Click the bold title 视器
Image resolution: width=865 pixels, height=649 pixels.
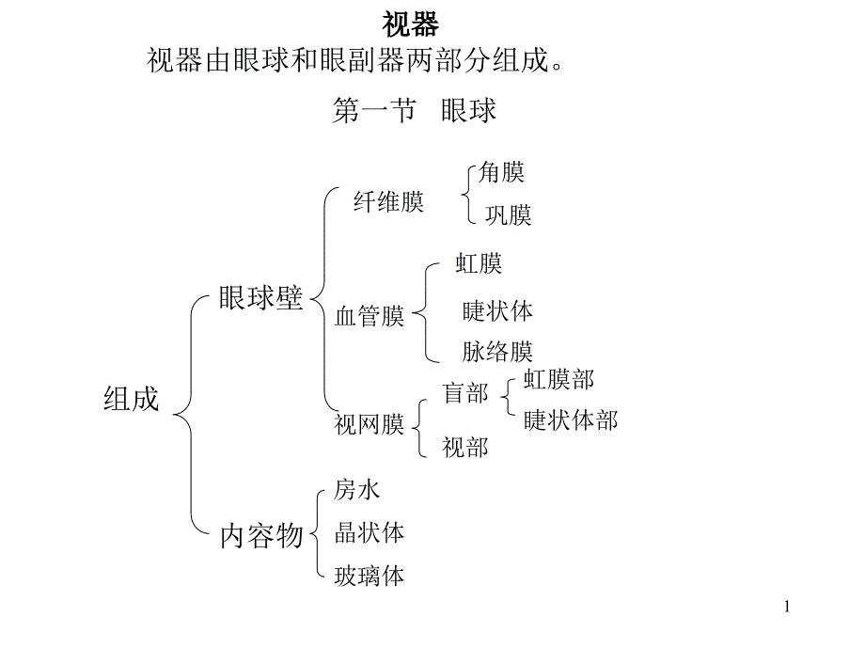(x=412, y=24)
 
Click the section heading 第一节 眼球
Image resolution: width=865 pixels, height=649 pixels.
(x=415, y=111)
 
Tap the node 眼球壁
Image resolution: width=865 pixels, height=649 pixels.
(x=261, y=298)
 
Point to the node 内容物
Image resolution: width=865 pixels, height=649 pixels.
(x=261, y=535)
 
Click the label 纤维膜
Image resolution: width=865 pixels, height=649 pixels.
(x=388, y=201)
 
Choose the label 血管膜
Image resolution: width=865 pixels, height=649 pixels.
(x=370, y=316)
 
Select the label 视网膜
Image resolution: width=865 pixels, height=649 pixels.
(x=370, y=425)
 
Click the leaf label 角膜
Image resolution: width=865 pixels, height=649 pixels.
(x=501, y=172)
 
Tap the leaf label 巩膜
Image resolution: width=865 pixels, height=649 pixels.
(x=508, y=215)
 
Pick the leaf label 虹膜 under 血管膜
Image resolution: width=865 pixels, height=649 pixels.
(x=479, y=263)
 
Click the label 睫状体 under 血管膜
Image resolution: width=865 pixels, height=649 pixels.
(x=497, y=309)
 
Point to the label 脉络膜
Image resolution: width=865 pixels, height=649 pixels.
(x=497, y=352)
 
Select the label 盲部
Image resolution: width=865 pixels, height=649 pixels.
(x=465, y=393)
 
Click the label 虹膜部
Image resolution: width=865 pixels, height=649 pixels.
(x=558, y=379)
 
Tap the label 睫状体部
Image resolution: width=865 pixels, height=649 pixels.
(x=571, y=419)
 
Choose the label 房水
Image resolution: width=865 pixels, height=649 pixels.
(x=357, y=489)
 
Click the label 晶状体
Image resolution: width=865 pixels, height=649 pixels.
(x=370, y=532)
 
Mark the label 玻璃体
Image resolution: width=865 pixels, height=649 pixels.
(x=370, y=576)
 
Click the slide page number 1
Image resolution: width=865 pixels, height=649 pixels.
(x=787, y=609)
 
